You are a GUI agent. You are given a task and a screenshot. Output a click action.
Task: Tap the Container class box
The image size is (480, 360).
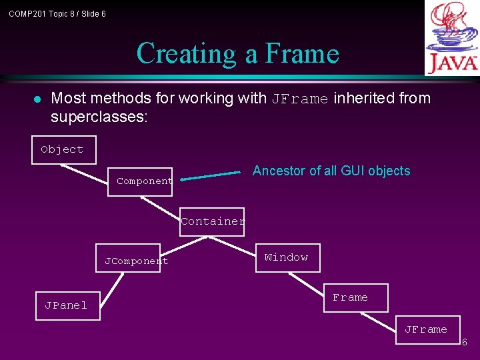(212, 221)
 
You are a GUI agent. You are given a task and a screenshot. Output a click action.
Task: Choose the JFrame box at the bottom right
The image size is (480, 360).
(427, 329)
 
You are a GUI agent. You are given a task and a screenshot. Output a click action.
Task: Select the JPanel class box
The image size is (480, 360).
(67, 305)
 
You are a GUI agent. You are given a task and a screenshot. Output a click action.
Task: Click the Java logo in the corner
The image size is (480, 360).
(452, 37)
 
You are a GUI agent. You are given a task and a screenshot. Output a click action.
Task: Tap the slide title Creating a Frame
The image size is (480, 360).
(238, 53)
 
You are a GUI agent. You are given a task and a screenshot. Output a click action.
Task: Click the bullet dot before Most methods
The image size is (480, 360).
(37, 99)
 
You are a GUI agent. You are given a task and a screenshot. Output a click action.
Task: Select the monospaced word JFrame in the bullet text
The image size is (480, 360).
(299, 99)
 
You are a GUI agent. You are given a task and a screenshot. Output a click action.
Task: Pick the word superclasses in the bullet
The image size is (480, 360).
(99, 117)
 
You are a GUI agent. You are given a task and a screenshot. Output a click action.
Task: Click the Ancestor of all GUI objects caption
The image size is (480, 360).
(331, 171)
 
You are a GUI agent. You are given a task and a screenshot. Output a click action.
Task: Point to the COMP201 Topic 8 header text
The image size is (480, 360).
(57, 13)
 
